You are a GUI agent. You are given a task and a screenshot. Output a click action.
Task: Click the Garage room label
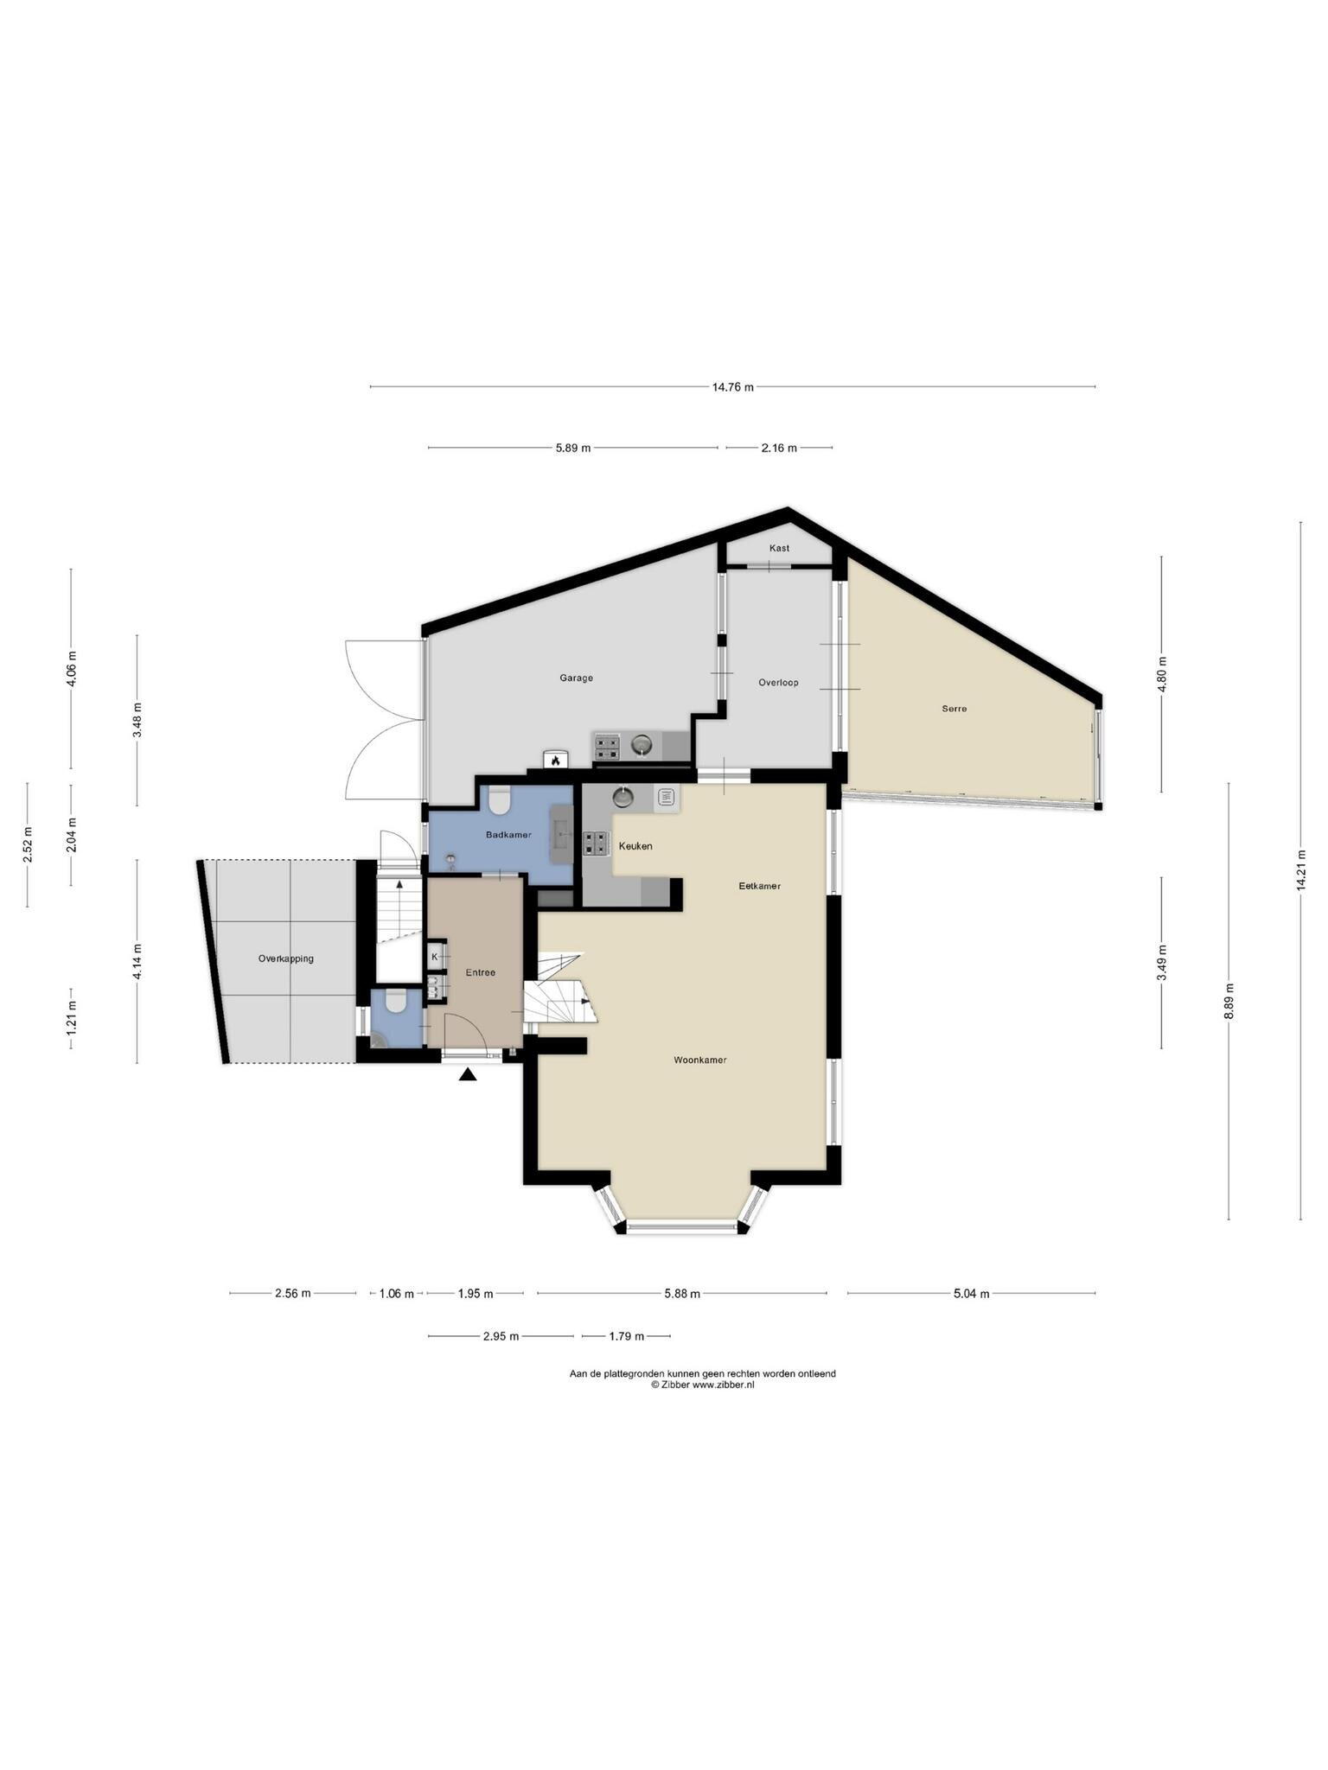[x=576, y=678]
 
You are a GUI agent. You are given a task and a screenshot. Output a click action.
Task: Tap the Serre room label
[x=954, y=709]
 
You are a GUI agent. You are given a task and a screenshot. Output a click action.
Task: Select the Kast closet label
[x=779, y=548]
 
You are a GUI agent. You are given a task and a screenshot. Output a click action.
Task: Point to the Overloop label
[x=778, y=683]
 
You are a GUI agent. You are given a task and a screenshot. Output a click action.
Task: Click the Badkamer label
[x=508, y=835]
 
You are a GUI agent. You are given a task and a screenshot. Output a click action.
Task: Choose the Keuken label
[x=635, y=846]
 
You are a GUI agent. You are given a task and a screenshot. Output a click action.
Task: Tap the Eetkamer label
[x=760, y=886]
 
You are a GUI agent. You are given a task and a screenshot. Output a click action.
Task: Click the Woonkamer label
[x=700, y=1060]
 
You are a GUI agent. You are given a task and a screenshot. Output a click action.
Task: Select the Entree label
[x=481, y=972]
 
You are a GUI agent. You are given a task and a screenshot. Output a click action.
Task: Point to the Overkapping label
[x=286, y=958]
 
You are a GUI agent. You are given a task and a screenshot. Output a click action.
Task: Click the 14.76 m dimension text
[x=733, y=387]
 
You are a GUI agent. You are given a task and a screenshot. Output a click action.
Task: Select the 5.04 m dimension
[x=971, y=1294]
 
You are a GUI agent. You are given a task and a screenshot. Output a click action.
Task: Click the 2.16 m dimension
[x=779, y=448]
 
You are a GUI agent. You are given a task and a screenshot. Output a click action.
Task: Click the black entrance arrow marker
[x=468, y=1075]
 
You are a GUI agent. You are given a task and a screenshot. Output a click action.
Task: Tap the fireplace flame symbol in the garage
[x=554, y=761]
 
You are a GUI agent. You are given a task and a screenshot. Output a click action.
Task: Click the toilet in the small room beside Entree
[x=396, y=1002]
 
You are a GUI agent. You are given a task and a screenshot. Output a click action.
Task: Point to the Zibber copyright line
[x=702, y=1385]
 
